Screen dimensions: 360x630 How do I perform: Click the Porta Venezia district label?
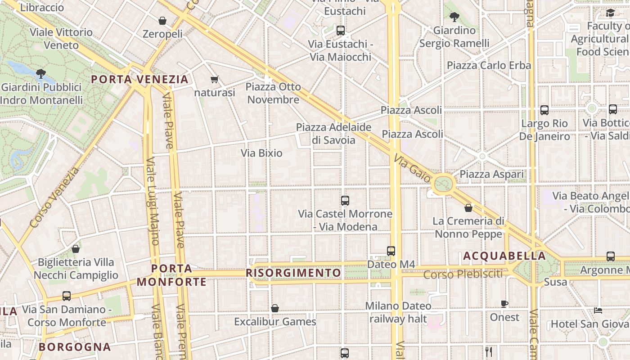click(x=139, y=80)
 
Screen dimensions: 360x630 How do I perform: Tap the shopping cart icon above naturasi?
click(x=214, y=80)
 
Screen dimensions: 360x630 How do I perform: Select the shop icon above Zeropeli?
click(x=162, y=21)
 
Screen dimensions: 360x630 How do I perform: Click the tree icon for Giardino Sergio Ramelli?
click(x=454, y=18)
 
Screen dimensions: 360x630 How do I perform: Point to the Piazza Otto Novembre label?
click(x=273, y=93)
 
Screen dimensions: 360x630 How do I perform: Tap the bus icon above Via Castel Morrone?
click(x=345, y=201)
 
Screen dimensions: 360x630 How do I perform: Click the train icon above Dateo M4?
click(x=391, y=251)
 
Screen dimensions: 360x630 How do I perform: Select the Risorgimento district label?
click(x=293, y=273)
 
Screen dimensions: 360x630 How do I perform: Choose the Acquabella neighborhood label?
click(x=504, y=256)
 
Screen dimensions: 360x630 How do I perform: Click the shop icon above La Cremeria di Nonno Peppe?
click(x=468, y=208)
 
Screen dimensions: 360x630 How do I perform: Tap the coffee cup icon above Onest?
click(x=504, y=304)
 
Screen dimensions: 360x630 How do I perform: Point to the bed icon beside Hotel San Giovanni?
click(x=598, y=310)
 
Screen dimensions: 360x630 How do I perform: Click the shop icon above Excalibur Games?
click(x=275, y=309)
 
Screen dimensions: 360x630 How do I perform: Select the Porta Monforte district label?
click(x=171, y=275)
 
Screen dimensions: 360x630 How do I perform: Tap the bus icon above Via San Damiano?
click(x=67, y=296)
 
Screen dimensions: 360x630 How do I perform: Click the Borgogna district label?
click(x=75, y=347)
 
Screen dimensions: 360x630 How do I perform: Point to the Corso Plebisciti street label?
click(x=463, y=274)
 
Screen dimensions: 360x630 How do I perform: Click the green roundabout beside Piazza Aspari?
click(x=444, y=183)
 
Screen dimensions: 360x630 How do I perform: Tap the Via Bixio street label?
click(x=261, y=153)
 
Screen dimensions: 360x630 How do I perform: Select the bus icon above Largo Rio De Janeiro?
click(x=544, y=110)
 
